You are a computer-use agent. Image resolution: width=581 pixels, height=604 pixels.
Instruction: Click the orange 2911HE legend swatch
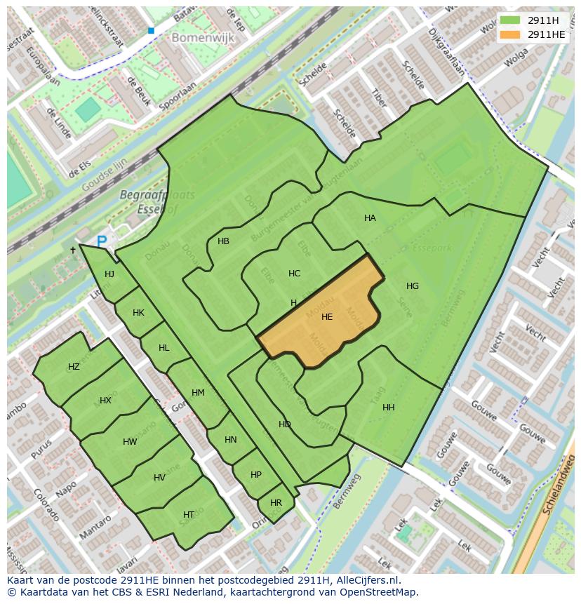(x=512, y=34)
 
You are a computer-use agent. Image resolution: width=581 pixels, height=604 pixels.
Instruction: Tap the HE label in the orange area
(x=327, y=317)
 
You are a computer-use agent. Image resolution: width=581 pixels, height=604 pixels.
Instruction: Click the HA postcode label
(x=370, y=218)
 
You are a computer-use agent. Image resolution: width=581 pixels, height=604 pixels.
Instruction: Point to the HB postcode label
(x=223, y=241)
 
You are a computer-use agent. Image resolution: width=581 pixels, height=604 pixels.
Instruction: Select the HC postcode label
(x=294, y=274)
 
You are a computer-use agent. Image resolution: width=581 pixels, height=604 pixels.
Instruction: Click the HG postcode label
(x=413, y=286)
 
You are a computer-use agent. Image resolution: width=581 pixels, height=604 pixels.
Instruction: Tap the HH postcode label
(x=389, y=408)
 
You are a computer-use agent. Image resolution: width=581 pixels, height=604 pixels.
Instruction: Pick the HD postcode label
(x=284, y=424)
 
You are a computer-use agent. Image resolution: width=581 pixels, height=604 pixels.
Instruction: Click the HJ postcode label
(x=109, y=274)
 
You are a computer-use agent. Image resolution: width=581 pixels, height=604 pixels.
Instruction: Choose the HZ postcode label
(x=74, y=367)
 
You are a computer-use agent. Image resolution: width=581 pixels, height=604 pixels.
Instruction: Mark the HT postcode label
(x=189, y=515)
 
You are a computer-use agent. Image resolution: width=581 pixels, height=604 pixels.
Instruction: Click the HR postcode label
(x=276, y=503)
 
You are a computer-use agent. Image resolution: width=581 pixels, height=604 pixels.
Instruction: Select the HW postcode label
(x=130, y=442)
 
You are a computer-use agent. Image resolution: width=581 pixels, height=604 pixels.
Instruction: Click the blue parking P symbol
(x=102, y=241)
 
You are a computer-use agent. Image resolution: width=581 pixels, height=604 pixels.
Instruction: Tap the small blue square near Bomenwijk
(x=151, y=31)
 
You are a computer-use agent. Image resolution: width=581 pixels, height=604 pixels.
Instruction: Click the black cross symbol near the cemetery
(x=72, y=250)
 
